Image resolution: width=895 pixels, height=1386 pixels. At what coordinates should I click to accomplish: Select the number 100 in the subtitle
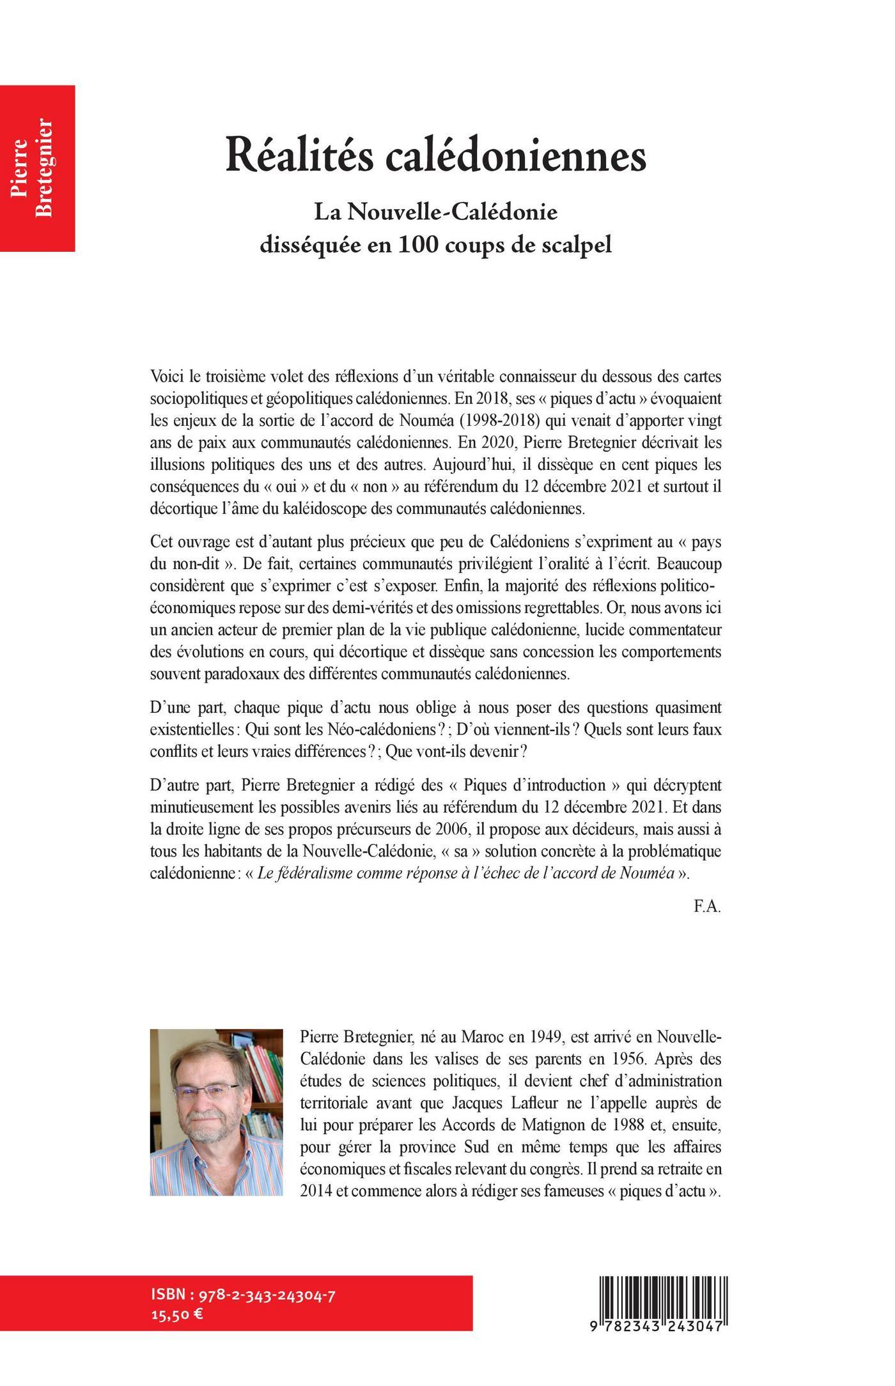pos(419,245)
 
